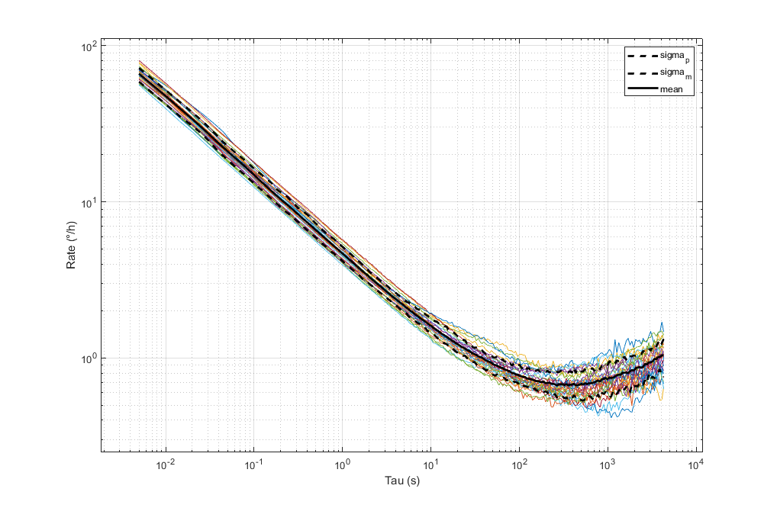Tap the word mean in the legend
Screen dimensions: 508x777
pyautogui.click(x=672, y=90)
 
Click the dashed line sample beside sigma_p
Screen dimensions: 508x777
pyautogui.click(x=642, y=56)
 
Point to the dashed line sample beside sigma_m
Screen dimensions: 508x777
pyautogui.click(x=642, y=73)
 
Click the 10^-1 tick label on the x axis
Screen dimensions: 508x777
pyautogui.click(x=253, y=464)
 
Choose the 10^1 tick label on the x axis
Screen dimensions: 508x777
pyautogui.click(x=430, y=464)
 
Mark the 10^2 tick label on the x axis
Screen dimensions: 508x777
pyautogui.click(x=519, y=464)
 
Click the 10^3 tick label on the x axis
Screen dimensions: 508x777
pyautogui.click(x=608, y=464)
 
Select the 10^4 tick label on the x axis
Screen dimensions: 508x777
pyautogui.click(x=696, y=464)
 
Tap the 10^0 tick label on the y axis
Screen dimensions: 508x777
pyautogui.click(x=89, y=358)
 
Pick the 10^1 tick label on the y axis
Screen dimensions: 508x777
pyautogui.click(x=89, y=202)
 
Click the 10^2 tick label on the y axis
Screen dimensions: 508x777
pyautogui.click(x=89, y=47)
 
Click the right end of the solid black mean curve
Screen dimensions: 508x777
pyautogui.click(x=663, y=355)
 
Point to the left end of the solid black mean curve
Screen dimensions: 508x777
pyautogui.click(x=139, y=74)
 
